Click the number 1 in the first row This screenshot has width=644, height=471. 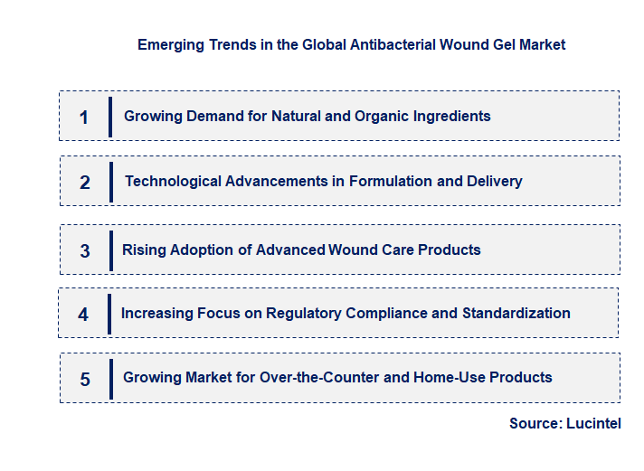click(84, 118)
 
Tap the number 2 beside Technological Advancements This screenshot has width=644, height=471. click(85, 183)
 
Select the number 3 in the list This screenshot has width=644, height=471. click(85, 251)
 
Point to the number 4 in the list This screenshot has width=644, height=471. click(83, 315)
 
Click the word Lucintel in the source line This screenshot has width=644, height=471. click(593, 423)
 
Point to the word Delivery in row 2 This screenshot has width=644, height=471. click(494, 181)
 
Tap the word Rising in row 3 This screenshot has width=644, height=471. click(143, 250)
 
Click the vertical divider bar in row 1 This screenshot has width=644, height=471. click(109, 118)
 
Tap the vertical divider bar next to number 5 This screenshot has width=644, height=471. click(110, 379)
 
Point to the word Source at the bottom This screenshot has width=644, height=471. click(535, 423)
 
